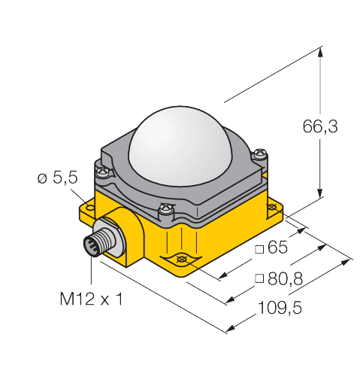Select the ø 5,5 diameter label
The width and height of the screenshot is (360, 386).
coord(56,178)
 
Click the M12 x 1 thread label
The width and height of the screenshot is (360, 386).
coord(90,300)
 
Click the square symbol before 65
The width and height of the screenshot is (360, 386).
coord(259,248)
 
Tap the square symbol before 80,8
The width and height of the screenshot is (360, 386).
coord(259,279)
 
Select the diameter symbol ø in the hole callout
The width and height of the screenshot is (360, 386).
coord(42,178)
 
